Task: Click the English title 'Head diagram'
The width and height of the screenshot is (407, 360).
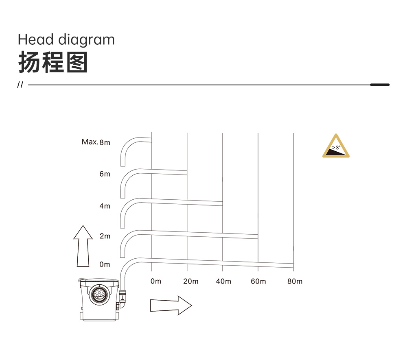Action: (66, 40)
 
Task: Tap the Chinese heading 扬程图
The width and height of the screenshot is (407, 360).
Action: (53, 62)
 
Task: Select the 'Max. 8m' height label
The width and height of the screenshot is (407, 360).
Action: (96, 142)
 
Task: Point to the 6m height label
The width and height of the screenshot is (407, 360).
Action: (105, 174)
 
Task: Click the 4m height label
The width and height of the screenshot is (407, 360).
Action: (105, 206)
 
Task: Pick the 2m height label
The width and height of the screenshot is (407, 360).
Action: (105, 236)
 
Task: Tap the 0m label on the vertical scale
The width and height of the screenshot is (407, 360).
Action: (105, 264)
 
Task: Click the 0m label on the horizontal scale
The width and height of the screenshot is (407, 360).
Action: (156, 281)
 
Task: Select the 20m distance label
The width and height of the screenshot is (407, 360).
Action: (191, 281)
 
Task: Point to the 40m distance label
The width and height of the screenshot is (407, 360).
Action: (223, 281)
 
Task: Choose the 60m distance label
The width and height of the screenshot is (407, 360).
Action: (258, 281)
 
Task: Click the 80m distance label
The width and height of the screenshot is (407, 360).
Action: (295, 281)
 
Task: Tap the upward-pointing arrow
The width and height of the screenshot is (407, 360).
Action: (83, 246)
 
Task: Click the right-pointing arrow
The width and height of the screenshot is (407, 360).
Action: (171, 305)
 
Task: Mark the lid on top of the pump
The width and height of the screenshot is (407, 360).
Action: (98, 281)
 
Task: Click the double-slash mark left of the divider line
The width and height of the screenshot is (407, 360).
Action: (20, 85)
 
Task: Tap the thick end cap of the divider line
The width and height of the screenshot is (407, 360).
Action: (380, 85)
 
